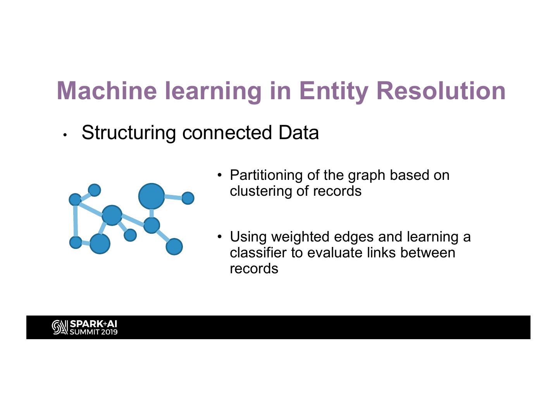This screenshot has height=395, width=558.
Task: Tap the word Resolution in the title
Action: [441, 90]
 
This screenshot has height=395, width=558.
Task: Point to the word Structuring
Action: [129, 133]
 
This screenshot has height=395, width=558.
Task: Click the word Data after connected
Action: [298, 133]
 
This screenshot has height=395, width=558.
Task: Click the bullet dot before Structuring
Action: [65, 135]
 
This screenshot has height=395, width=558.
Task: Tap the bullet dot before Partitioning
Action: [220, 175]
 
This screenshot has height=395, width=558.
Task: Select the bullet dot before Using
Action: [220, 236]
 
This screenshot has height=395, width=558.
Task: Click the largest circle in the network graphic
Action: [152, 196]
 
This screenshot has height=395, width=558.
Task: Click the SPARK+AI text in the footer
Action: [93, 324]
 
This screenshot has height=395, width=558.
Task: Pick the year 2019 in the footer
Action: [109, 332]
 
